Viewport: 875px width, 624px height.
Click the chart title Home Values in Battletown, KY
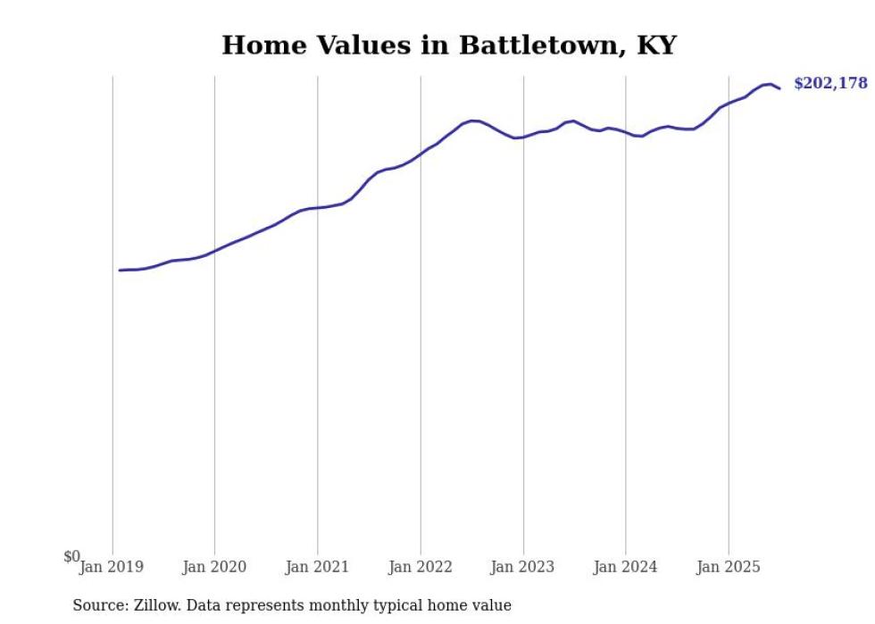click(x=449, y=45)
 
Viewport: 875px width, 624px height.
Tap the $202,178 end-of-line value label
click(x=830, y=84)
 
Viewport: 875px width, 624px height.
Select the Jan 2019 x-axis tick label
click(x=112, y=567)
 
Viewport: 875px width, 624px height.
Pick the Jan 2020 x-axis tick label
click(x=214, y=567)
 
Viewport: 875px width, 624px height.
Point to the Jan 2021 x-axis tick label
click(x=317, y=567)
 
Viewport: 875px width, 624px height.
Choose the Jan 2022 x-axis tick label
click(x=421, y=567)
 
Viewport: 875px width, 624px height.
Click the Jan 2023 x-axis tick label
click(x=523, y=567)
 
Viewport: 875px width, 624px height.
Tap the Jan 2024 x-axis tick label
click(x=626, y=567)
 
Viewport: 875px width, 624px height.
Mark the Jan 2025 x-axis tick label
click(x=729, y=567)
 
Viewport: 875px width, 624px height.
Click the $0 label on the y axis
click(x=71, y=557)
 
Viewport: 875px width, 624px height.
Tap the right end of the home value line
click(x=779, y=88)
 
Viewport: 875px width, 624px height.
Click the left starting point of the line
click(x=120, y=270)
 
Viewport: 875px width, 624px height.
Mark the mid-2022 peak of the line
click(x=473, y=121)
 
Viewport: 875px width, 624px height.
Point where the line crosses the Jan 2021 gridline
click(x=317, y=208)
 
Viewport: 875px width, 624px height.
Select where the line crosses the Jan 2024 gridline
click(x=626, y=133)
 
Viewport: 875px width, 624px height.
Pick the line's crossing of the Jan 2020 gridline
click(x=214, y=251)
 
